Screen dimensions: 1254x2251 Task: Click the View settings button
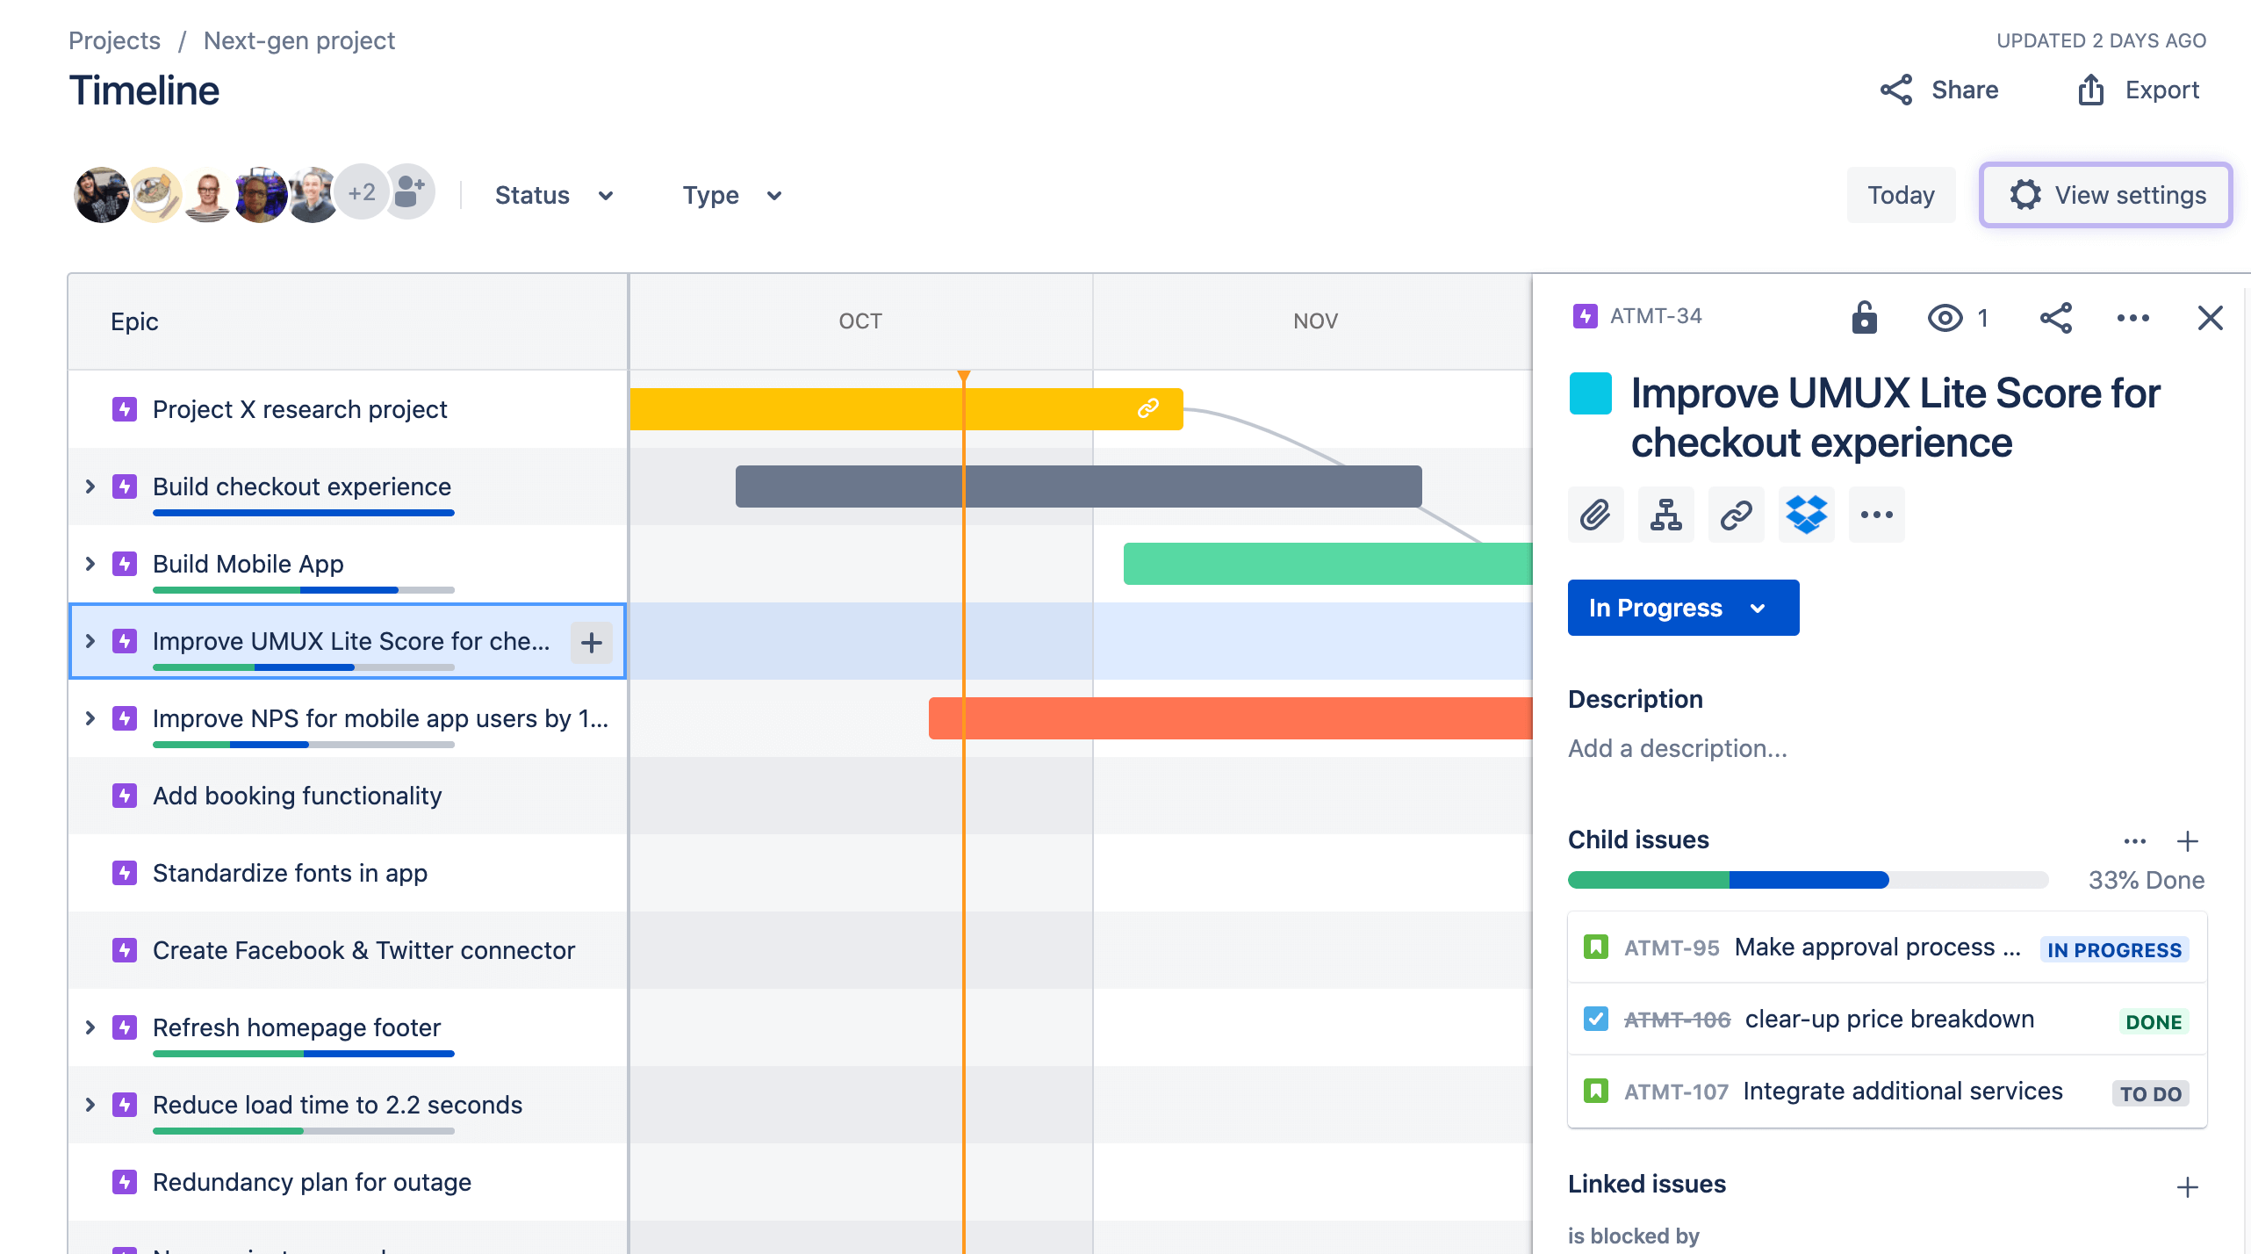(x=2105, y=195)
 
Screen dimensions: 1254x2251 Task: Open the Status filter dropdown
(x=553, y=195)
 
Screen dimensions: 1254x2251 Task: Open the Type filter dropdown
(x=731, y=195)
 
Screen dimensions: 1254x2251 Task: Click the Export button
(x=2139, y=90)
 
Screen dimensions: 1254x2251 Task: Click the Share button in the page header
(x=1939, y=90)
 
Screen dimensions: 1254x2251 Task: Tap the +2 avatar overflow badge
(x=362, y=192)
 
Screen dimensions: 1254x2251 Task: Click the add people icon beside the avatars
(x=409, y=191)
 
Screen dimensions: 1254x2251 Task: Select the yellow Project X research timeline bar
(x=878, y=409)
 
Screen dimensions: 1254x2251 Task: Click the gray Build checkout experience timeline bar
(x=1078, y=486)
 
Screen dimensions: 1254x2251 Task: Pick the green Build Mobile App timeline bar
(x=1326, y=564)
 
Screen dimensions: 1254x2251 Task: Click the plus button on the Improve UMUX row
(x=592, y=642)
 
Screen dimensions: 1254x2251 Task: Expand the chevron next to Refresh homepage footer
(x=90, y=1027)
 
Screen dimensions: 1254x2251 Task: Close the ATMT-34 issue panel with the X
(x=2210, y=318)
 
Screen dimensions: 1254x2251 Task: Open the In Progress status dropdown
(x=1683, y=608)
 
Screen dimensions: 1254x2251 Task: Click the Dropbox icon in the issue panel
(x=1806, y=515)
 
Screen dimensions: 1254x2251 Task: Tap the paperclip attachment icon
(x=1595, y=515)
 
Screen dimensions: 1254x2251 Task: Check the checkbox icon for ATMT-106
(x=1596, y=1019)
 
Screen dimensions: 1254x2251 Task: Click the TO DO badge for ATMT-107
(x=2150, y=1093)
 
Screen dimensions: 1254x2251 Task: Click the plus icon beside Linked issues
(x=2187, y=1187)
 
